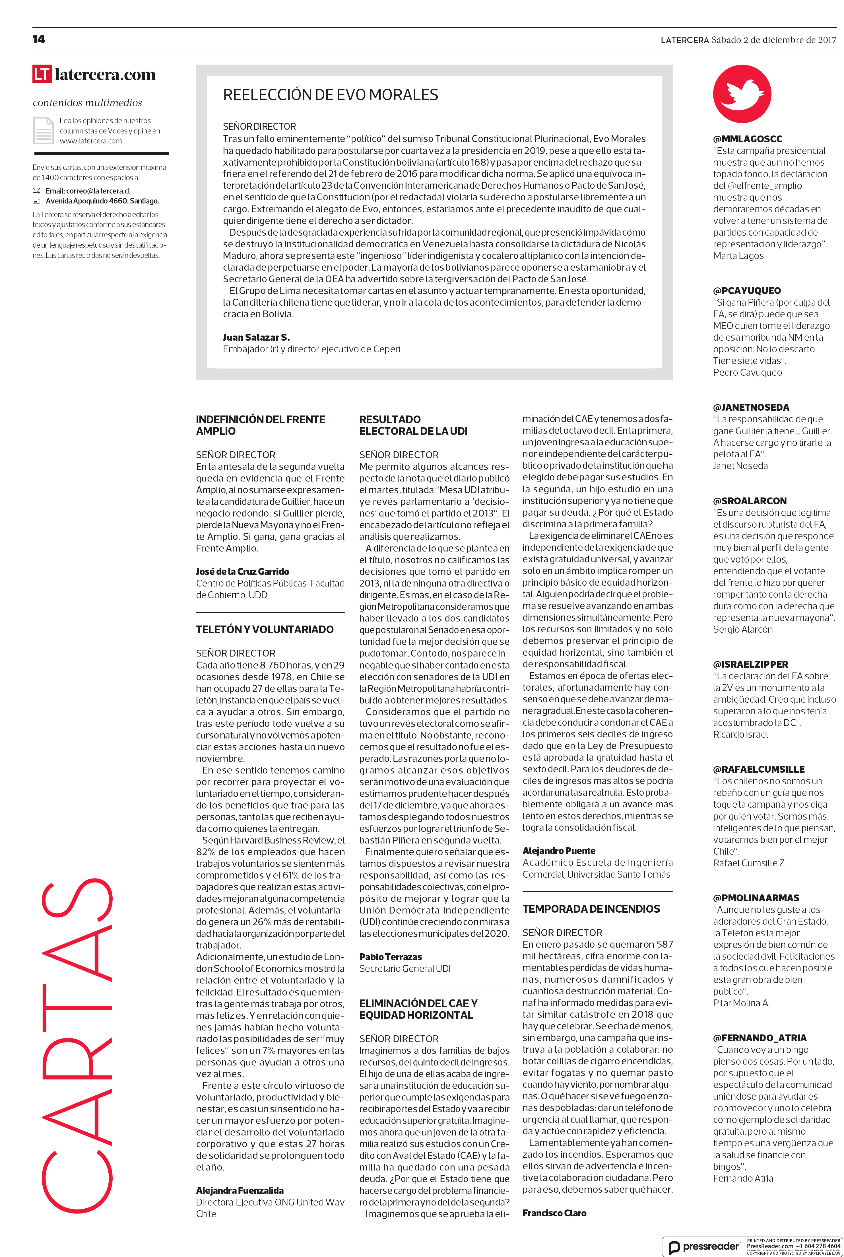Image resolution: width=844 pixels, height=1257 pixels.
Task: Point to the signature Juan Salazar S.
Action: (x=256, y=338)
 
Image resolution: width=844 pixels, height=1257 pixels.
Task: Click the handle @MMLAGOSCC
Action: (x=748, y=139)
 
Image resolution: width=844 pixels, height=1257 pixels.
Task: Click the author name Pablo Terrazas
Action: (x=390, y=956)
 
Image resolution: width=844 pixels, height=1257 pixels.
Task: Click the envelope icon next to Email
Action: (x=37, y=191)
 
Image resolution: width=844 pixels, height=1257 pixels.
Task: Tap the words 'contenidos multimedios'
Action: (x=87, y=103)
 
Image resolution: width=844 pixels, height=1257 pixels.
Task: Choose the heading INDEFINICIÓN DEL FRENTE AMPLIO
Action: (x=261, y=425)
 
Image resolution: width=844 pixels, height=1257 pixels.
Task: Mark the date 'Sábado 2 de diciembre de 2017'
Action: (x=773, y=40)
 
